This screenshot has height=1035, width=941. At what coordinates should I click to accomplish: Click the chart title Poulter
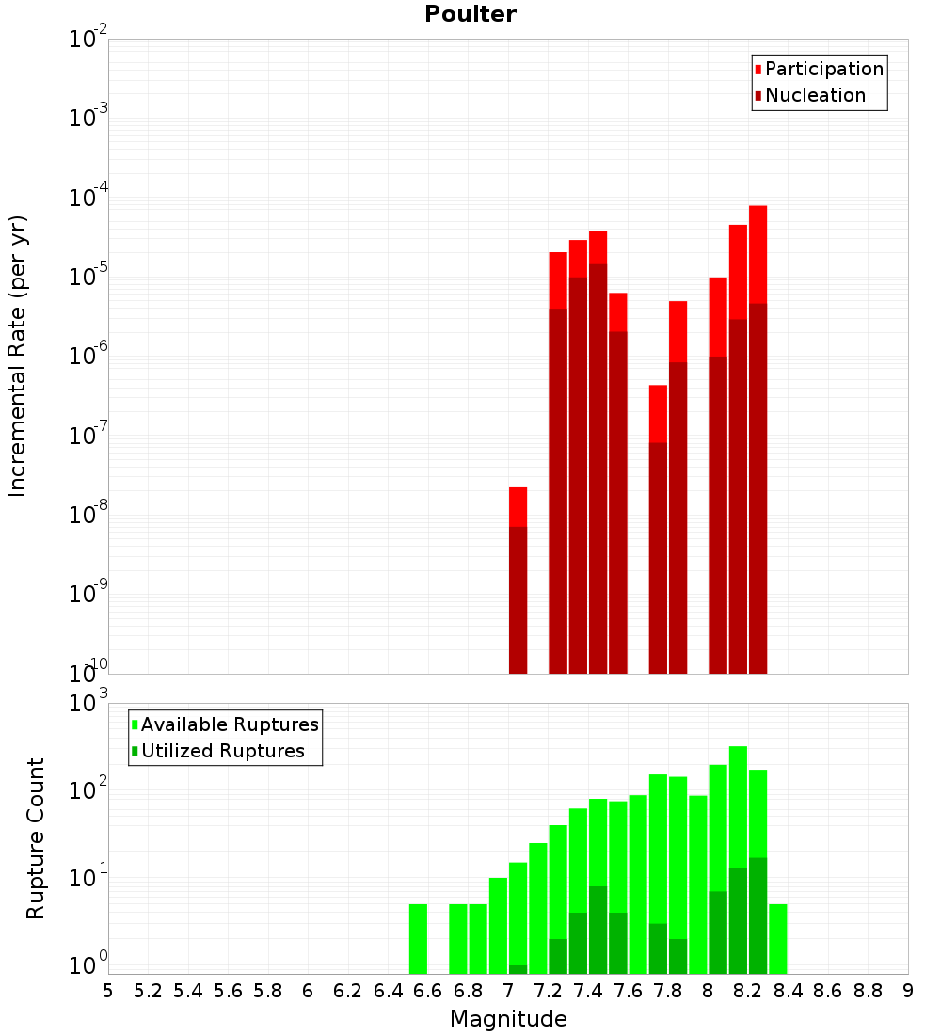pyautogui.click(x=470, y=14)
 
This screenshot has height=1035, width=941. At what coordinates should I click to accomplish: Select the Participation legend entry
pyautogui.click(x=824, y=69)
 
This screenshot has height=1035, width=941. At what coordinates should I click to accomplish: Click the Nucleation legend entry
pyautogui.click(x=815, y=95)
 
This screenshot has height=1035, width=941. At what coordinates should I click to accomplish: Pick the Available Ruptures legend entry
pyautogui.click(x=230, y=724)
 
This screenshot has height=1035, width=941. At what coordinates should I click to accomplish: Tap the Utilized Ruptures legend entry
pyautogui.click(x=222, y=751)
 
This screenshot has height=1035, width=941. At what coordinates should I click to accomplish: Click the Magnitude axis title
pyautogui.click(x=508, y=1019)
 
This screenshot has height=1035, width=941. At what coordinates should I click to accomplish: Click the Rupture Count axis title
pyautogui.click(x=36, y=838)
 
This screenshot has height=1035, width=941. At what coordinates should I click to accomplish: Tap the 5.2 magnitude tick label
pyautogui.click(x=148, y=991)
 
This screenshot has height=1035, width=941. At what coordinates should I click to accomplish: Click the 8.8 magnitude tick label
pyautogui.click(x=868, y=991)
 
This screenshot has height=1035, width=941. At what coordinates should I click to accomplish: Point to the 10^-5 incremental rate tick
pyautogui.click(x=88, y=276)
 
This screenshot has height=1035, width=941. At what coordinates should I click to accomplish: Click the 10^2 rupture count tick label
pyautogui.click(x=88, y=788)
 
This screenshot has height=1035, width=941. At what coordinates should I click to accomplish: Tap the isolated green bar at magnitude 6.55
pyautogui.click(x=418, y=939)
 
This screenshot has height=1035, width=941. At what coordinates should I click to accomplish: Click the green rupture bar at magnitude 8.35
pyautogui.click(x=778, y=939)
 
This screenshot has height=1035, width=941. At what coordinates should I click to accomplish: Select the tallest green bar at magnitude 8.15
pyautogui.click(x=738, y=809)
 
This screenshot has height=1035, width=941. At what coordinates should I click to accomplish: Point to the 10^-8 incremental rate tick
pyautogui.click(x=88, y=514)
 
